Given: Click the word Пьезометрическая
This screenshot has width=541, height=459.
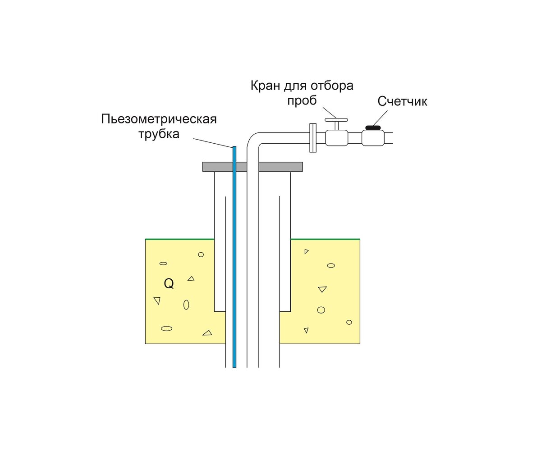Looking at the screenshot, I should point(159,119).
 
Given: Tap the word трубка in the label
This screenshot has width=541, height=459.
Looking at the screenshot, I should point(159,134).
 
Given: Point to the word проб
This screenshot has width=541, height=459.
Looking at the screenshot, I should point(302,100).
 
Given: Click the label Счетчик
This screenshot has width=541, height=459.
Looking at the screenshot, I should point(402,101).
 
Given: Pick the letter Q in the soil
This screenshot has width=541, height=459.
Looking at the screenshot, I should point(169,284).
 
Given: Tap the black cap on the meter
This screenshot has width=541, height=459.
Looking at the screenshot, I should point(373,128).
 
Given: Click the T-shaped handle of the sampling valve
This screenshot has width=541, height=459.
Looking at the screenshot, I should point(336,120).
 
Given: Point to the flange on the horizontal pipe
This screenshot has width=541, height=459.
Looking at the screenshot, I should point(312,138).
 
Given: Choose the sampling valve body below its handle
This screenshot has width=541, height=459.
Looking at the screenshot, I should point(336,138).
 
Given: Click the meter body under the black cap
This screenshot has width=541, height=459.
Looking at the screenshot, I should point(373,138).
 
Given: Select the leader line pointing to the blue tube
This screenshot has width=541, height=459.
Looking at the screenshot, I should point(212,142).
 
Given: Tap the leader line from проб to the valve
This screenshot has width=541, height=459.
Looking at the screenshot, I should point(327,111).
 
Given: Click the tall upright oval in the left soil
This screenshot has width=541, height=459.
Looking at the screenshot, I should point(186,304).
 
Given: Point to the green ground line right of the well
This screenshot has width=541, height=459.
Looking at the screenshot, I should point(325,239).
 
